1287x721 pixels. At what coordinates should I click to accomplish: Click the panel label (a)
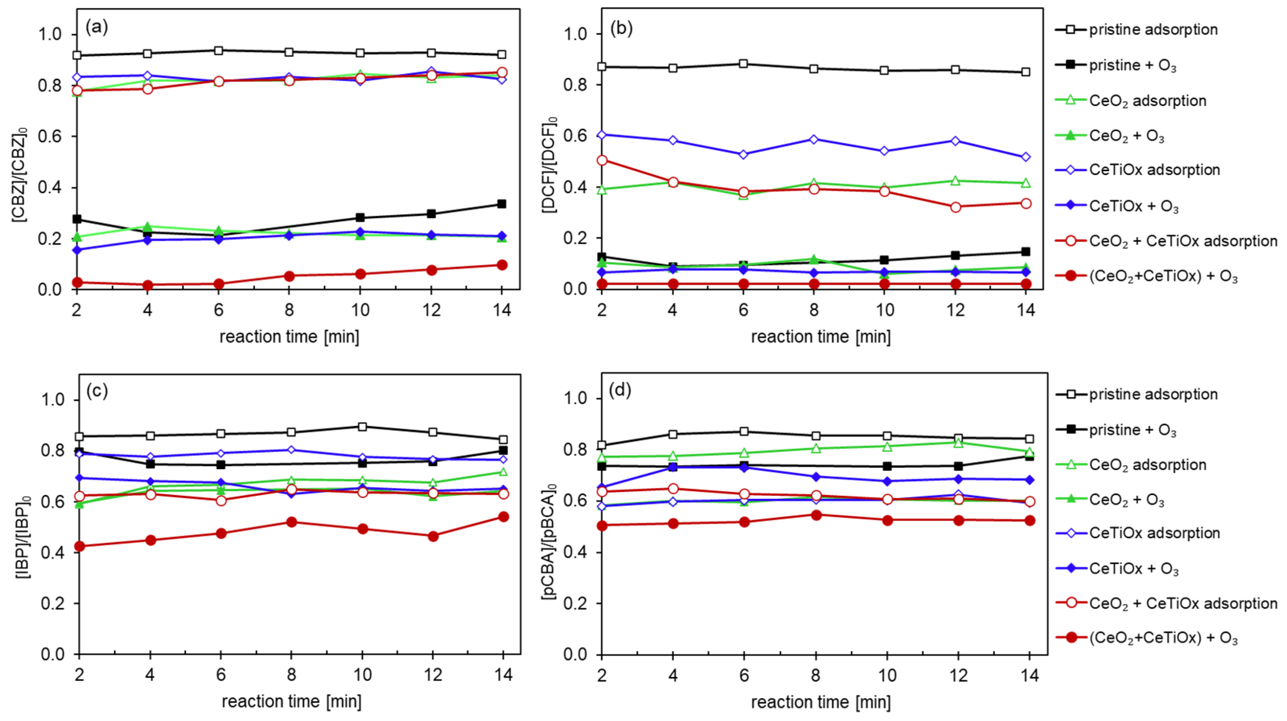[96, 27]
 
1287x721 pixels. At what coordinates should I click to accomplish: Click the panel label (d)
[620, 390]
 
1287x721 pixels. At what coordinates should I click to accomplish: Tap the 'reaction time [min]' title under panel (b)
[820, 337]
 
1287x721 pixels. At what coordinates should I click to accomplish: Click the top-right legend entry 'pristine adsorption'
[1153, 29]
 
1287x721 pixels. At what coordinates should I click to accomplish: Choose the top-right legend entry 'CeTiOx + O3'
[1133, 206]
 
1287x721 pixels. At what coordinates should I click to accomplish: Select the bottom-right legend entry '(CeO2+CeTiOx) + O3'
[1163, 638]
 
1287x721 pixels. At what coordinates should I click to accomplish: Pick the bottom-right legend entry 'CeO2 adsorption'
[1147, 465]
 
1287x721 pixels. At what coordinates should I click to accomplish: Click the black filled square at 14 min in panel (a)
[502, 204]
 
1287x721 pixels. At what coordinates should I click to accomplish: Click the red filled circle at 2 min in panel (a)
[77, 282]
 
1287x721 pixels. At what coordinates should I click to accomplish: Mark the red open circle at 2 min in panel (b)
[602, 161]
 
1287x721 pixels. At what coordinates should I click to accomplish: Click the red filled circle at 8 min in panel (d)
[816, 515]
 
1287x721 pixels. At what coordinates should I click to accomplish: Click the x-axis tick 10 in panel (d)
[887, 676]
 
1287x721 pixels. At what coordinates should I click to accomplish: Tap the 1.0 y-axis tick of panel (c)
[52, 400]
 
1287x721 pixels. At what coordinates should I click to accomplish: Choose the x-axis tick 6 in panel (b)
[743, 311]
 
